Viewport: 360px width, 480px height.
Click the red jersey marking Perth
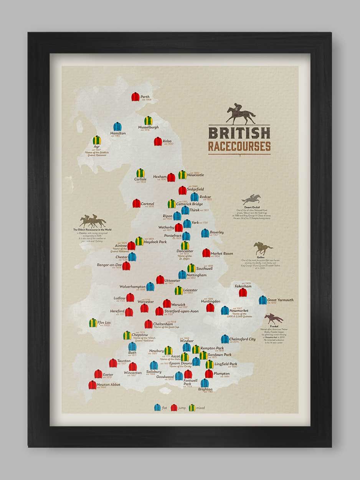point(135,97)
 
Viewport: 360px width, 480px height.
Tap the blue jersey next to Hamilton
point(117,126)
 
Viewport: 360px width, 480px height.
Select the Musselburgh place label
point(148,127)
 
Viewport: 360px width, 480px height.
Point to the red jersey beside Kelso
point(158,141)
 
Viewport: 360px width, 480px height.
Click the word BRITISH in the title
point(239,133)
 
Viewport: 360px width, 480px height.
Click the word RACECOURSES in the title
point(239,146)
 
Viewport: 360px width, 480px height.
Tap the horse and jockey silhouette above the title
point(241,114)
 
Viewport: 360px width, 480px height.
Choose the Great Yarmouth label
point(280,300)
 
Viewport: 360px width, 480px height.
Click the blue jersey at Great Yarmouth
point(263,300)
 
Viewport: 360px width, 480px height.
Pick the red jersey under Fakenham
point(243,293)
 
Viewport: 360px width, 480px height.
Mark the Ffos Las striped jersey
point(93,323)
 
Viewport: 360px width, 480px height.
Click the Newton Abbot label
point(108,384)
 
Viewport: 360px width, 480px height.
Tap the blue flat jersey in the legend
point(157,407)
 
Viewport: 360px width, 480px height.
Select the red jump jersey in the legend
point(174,407)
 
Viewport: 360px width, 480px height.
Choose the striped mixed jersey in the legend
point(192,407)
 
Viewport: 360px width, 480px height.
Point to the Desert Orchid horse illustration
point(251,199)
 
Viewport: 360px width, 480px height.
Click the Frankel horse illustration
point(274,318)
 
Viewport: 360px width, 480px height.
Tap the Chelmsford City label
point(242,339)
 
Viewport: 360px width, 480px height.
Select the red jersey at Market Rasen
point(206,253)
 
